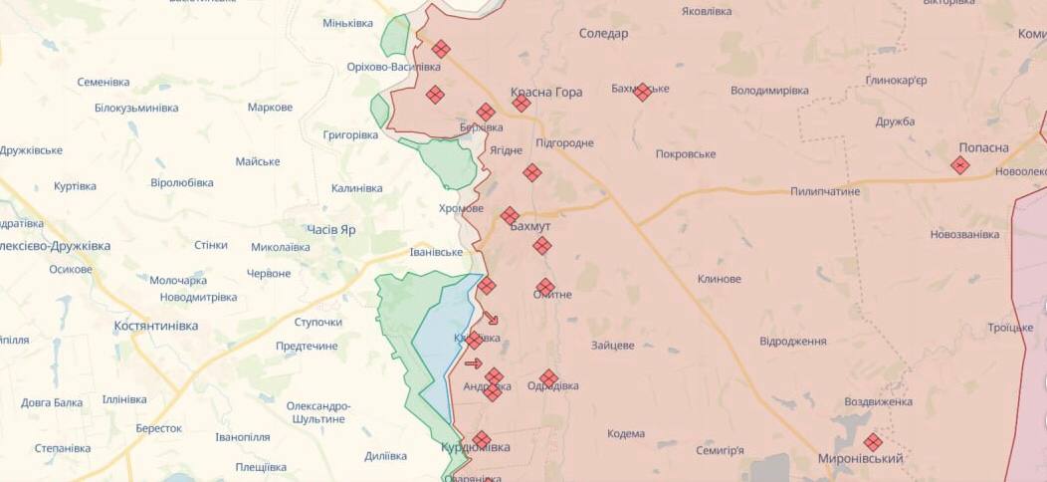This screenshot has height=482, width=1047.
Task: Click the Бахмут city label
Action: click(530, 226)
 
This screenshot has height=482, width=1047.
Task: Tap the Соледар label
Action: click(603, 33)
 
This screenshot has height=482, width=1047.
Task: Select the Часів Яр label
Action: click(330, 229)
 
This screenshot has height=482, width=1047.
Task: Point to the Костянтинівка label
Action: click(155, 326)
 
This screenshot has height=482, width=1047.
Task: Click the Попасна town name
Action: click(983, 147)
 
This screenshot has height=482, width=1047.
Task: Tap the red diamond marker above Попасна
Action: click(959, 165)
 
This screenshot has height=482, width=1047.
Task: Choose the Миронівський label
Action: click(860, 458)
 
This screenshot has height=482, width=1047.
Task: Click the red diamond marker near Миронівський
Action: click(873, 442)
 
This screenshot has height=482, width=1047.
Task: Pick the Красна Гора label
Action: click(546, 92)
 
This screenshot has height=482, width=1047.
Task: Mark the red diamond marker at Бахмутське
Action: click(643, 92)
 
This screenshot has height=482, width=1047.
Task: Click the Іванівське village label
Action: click(437, 252)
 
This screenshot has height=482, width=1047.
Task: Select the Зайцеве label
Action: click(612, 346)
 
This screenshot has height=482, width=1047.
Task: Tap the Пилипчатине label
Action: click(825, 191)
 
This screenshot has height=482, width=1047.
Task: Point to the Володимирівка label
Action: click(769, 91)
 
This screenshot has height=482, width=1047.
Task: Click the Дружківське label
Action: click(32, 150)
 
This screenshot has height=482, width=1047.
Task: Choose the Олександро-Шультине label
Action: click(318, 412)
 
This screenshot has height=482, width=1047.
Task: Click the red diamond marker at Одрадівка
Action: click(548, 378)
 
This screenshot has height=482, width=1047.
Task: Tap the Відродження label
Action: click(792, 342)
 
